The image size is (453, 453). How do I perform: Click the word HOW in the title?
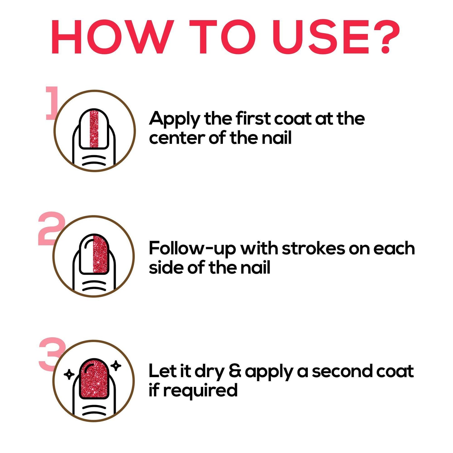coord(112,37)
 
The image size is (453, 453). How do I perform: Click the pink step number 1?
coord(52,103)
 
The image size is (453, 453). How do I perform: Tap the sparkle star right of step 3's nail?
coord(116,366)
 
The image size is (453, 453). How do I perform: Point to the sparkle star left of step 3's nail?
coord(69,374)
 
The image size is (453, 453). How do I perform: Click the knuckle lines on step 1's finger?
coord(94,160)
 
